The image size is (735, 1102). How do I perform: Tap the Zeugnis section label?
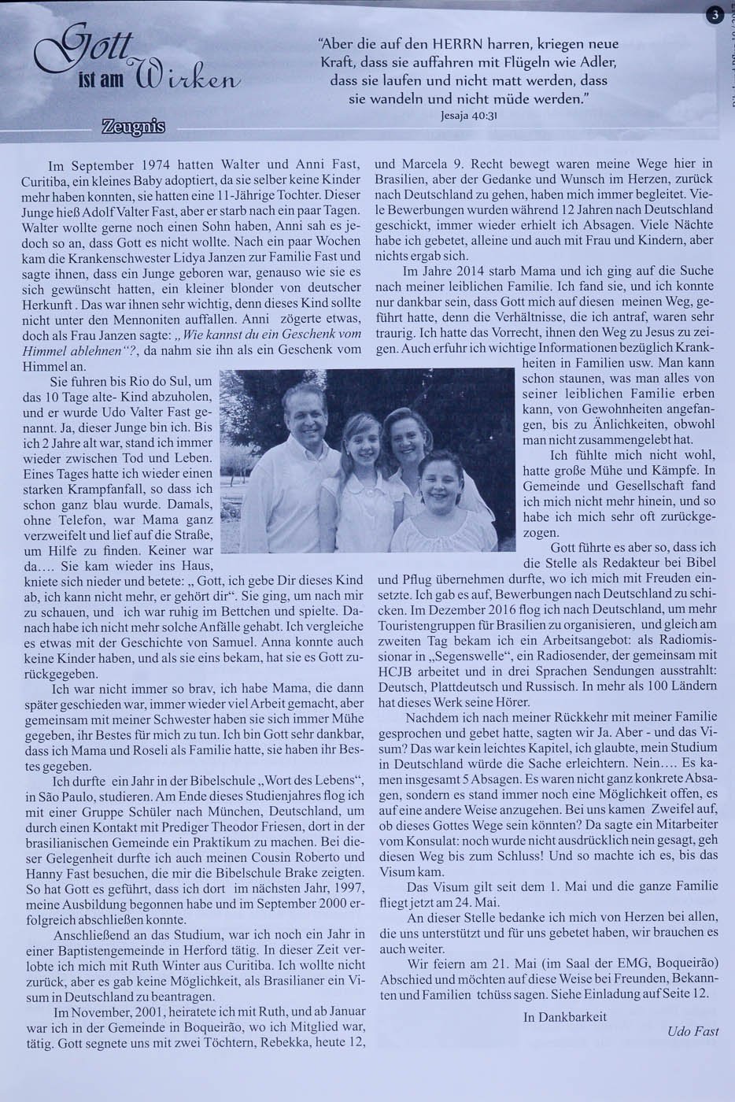tap(132, 126)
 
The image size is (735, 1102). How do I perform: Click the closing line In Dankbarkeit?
tap(564, 1016)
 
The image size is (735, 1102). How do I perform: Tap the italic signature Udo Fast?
tap(692, 1030)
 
